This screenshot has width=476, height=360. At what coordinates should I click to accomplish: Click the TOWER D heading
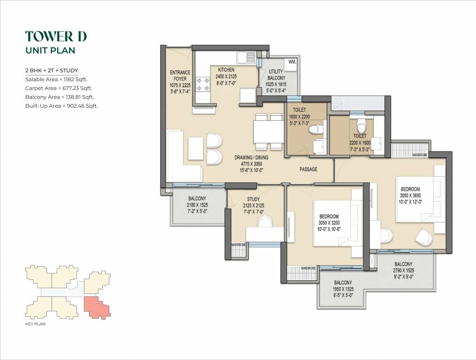pyautogui.click(x=56, y=36)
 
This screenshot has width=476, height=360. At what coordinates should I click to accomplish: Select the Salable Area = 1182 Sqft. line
pyautogui.click(x=56, y=79)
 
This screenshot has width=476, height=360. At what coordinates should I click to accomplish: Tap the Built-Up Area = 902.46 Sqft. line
pyautogui.click(x=61, y=106)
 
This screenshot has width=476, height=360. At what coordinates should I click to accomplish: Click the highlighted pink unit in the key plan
pyautogui.click(x=97, y=307)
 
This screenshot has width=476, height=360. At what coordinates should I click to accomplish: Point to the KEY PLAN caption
pyautogui.click(x=35, y=324)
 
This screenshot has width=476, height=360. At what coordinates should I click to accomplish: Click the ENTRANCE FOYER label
pyautogui.click(x=180, y=76)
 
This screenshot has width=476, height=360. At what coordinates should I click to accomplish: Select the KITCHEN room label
pyautogui.click(x=226, y=70)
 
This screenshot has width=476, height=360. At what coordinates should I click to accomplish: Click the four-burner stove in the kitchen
pyautogui.click(x=203, y=84)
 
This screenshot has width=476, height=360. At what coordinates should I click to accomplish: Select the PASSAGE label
pyautogui.click(x=308, y=169)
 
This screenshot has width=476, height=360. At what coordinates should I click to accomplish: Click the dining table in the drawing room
pyautogui.click(x=268, y=132)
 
